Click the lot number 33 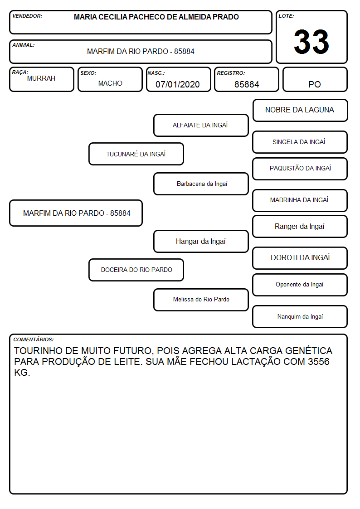click(311, 42)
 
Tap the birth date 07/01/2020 click(178, 84)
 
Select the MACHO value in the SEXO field click(110, 83)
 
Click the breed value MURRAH click(41, 78)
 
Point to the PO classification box click(315, 79)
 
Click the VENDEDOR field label click(27, 16)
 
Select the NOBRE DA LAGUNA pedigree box click(300, 111)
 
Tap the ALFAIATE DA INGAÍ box click(201, 125)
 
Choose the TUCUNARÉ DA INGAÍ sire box click(136, 154)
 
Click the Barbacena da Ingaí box click(201, 184)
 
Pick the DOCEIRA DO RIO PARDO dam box click(136, 270)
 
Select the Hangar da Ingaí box click(201, 242)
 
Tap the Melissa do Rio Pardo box click(201, 300)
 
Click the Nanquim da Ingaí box click(300, 316)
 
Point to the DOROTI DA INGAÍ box click(300, 258)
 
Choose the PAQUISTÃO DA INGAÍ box click(300, 169)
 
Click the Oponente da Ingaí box click(300, 285)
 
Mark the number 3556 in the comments click(319, 362)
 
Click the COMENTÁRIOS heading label click(34, 339)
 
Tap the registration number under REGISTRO click(247, 84)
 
